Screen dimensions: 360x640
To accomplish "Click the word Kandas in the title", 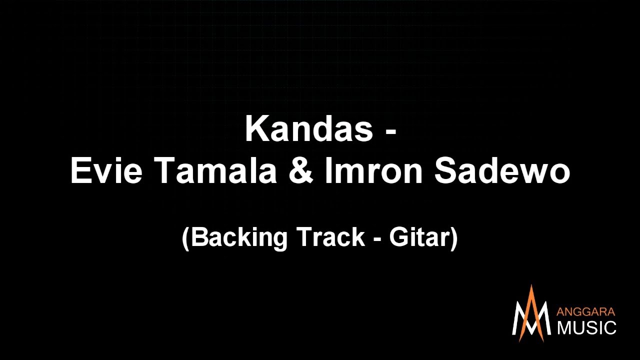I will [309, 129].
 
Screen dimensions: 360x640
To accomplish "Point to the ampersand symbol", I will [301, 171].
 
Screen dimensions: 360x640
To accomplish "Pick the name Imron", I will [374, 171].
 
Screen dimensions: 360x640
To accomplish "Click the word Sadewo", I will [502, 171].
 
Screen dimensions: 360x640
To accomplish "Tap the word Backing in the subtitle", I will [239, 237].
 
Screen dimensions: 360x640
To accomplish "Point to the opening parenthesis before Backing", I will [185, 237].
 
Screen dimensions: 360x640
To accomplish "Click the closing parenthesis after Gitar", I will [454, 237].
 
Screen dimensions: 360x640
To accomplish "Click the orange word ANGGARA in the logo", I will [586, 312].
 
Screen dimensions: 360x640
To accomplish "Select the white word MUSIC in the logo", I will [586, 328].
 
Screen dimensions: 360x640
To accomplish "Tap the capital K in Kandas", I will [255, 129].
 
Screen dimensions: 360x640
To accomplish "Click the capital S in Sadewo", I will [445, 171].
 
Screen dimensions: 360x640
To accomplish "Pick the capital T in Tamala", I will [165, 171].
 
